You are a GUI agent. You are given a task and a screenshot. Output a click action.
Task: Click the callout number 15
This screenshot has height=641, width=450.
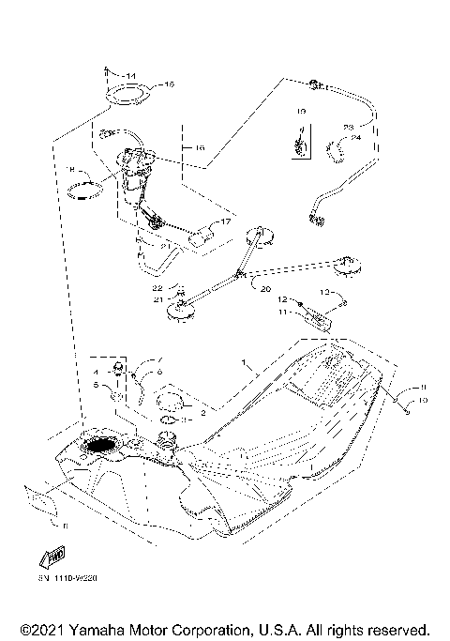tap(170, 84)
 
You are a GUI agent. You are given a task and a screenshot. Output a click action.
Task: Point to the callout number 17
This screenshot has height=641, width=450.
tap(224, 222)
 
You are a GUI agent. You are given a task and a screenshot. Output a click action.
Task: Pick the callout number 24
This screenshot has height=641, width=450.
tap(356, 138)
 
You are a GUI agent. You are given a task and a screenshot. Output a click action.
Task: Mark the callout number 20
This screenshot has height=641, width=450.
tap(265, 289)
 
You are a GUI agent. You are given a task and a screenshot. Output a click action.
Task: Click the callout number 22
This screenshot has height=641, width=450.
tap(158, 287)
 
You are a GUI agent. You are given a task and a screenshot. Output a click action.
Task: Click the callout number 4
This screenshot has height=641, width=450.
tap(96, 373)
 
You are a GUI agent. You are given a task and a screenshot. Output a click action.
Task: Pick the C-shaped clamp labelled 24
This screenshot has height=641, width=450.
tap(333, 146)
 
